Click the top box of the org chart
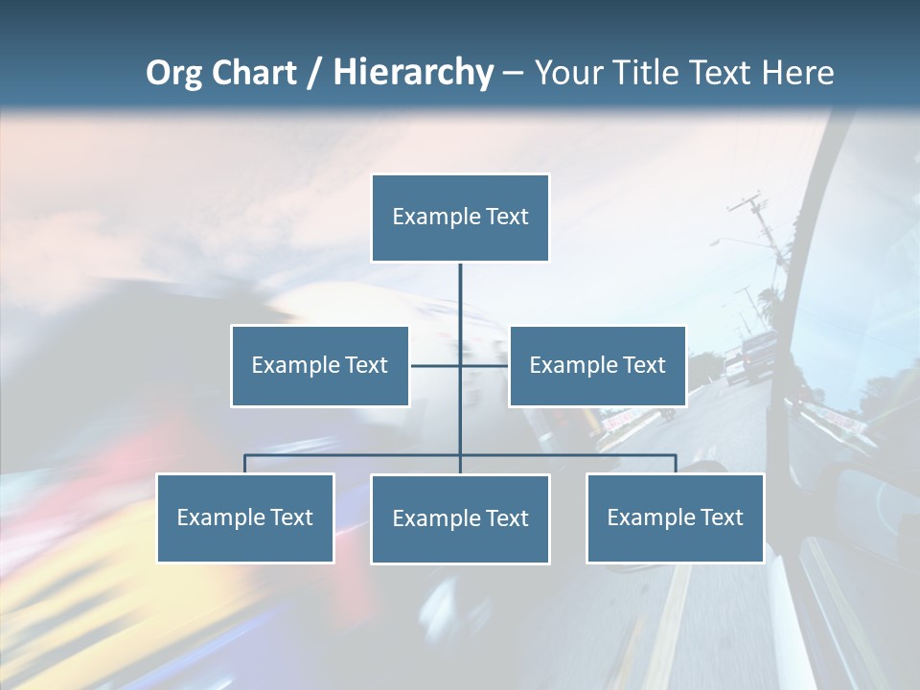(460, 218)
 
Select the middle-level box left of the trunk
(320, 365)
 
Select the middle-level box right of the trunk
(597, 365)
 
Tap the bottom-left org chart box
(245, 517)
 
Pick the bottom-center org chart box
(460, 518)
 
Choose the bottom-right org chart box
(675, 517)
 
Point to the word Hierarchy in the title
(413, 73)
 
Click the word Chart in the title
(252, 73)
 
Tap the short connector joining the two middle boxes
(436, 365)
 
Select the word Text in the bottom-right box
(721, 517)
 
